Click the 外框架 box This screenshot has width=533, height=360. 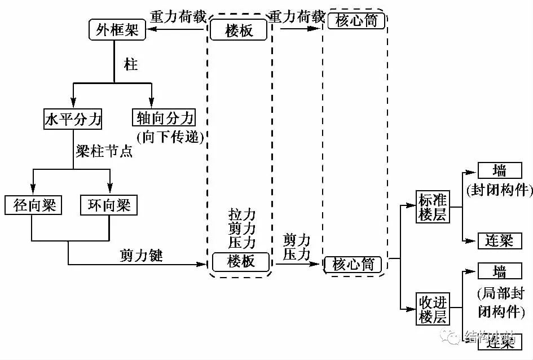pos(117,30)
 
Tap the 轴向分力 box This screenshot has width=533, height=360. pos(164,118)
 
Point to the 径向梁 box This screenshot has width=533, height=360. pos(33,205)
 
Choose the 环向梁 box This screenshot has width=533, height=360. pos(109,205)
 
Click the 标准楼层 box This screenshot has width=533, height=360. pos(433,207)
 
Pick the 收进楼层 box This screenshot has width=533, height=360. pos(433,308)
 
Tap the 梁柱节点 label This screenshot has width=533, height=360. pos(104,152)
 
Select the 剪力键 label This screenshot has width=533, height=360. pos(141,255)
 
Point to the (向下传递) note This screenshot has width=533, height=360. pos(169,137)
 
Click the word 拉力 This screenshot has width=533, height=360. pos(242,215)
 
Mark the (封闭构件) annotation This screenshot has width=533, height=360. pos(499,190)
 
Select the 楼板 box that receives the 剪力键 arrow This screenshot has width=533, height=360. pos(241,261)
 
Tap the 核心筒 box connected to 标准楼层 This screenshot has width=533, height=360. pos(354,264)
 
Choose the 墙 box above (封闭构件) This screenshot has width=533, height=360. pos(499,170)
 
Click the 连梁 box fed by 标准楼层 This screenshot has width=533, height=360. pos(499,241)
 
